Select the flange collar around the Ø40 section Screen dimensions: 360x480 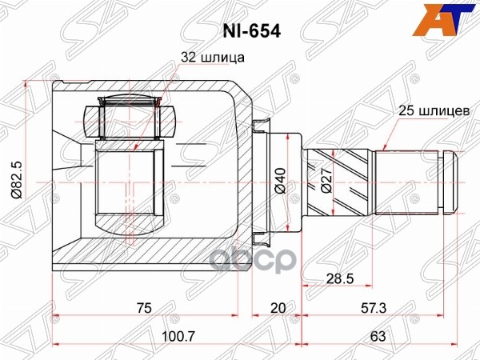(x=259, y=182)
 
